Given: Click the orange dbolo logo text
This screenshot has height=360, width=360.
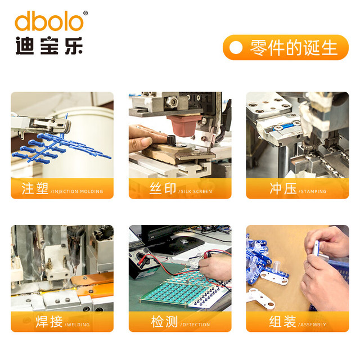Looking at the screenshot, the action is (x=49, y=21).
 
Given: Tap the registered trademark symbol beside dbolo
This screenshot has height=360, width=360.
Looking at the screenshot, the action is (x=85, y=13).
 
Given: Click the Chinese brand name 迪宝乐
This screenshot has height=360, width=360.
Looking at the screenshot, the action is (x=49, y=46).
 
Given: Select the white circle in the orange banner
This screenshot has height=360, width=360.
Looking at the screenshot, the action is (x=236, y=47).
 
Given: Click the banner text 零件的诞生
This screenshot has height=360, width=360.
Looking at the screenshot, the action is (x=294, y=48).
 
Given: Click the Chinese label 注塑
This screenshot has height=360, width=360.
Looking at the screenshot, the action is (x=35, y=188).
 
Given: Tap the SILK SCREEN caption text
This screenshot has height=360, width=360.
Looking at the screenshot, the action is (x=196, y=191).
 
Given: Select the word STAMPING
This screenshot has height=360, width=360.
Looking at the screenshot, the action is (x=314, y=191).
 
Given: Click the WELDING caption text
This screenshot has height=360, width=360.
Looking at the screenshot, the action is (x=78, y=325).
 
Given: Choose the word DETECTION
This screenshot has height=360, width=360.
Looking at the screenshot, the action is (x=196, y=325).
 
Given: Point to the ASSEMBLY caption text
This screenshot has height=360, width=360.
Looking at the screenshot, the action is (x=313, y=325).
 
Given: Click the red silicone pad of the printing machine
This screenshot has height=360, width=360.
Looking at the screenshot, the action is (x=184, y=125).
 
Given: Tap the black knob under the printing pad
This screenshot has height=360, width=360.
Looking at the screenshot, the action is (x=171, y=139).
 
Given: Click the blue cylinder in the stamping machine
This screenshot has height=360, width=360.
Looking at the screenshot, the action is (x=283, y=127).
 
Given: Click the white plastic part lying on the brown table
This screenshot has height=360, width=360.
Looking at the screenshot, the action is (x=261, y=299).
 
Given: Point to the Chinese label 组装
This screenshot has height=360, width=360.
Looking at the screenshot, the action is (x=282, y=322).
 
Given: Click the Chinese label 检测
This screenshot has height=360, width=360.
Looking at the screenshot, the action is (x=164, y=322).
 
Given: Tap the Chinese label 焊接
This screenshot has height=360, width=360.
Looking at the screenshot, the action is (x=49, y=322).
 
